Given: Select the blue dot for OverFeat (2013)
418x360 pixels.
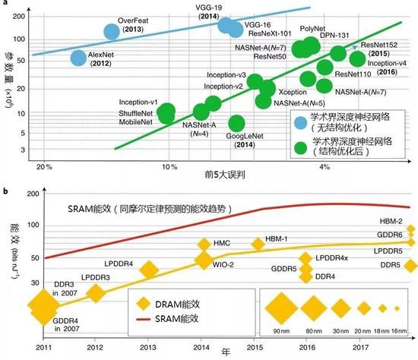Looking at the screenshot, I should click(112, 31).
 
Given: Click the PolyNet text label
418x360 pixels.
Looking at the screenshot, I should click(313, 28).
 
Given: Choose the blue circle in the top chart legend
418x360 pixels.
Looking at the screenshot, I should click(303, 117).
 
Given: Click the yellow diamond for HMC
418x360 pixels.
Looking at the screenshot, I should click(204, 245).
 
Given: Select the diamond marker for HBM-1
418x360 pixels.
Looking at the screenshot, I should click(258, 245).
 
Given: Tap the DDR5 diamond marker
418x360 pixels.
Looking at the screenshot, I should click(410, 266).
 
